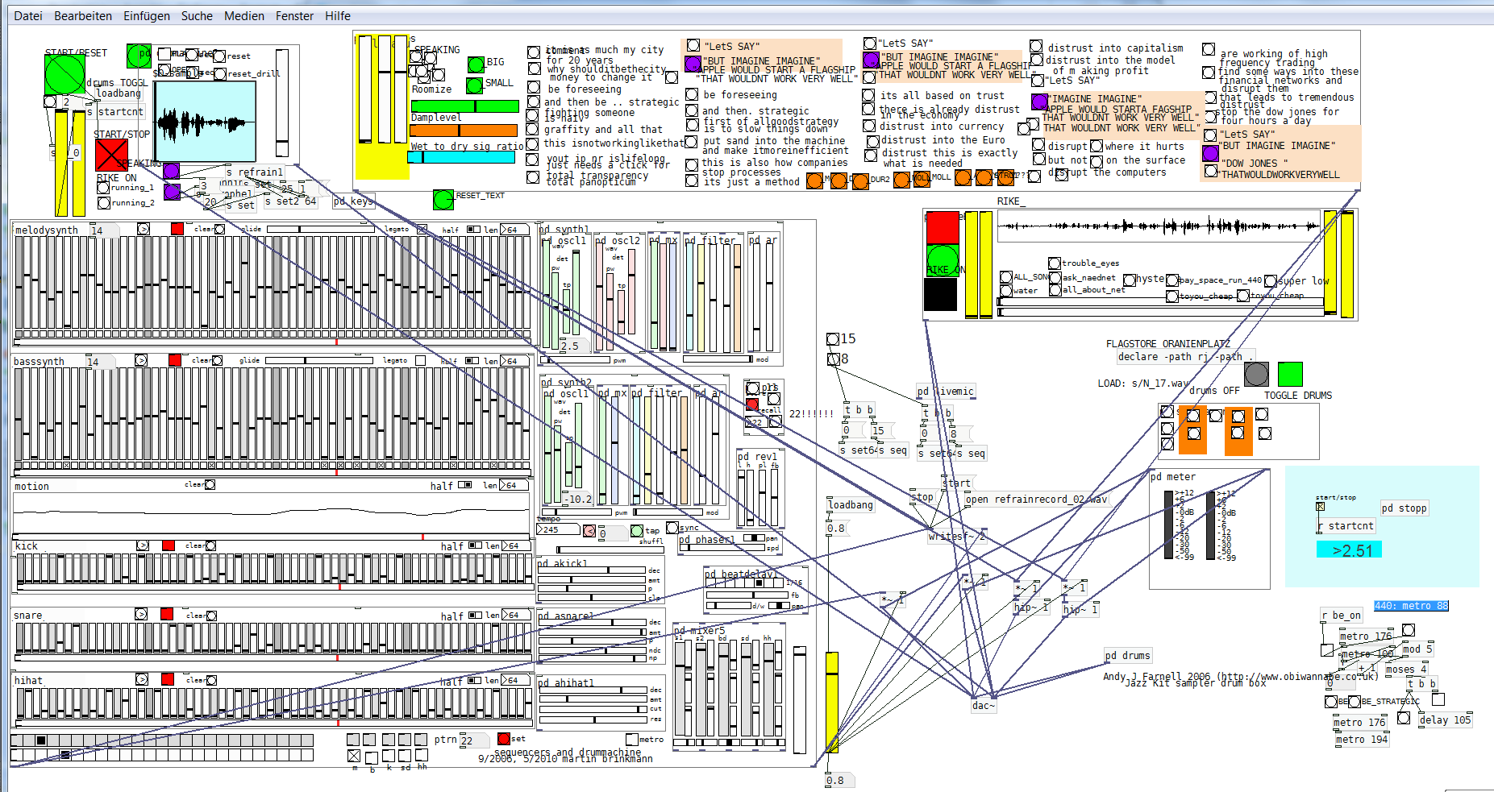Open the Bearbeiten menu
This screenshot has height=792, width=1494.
(x=83, y=16)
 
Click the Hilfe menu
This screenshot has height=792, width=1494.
(x=337, y=16)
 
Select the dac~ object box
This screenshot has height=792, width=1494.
(x=983, y=706)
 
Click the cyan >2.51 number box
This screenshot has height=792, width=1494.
(x=1351, y=550)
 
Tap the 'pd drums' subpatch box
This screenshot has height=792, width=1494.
(x=1127, y=656)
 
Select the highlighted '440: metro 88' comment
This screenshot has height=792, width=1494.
(x=1411, y=606)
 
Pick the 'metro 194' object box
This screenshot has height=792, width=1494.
(x=1361, y=740)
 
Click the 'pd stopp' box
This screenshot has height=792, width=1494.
(x=1404, y=508)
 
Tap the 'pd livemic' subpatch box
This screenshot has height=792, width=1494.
(x=946, y=392)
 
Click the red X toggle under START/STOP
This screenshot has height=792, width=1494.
(x=111, y=155)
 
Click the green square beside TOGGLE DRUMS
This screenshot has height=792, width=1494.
(x=1290, y=374)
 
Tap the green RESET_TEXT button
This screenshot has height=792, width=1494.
(x=443, y=199)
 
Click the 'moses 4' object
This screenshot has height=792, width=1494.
(x=1405, y=670)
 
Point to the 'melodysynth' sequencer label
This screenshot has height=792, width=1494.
(x=47, y=230)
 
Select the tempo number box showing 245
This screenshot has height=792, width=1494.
(x=557, y=530)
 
